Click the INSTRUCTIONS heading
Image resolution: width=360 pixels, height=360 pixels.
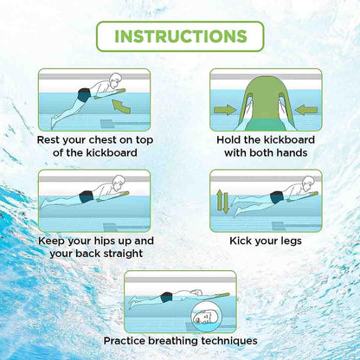click(179, 36)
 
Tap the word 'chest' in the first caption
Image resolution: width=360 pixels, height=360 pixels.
click(109, 138)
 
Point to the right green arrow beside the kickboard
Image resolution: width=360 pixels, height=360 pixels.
click(307, 109)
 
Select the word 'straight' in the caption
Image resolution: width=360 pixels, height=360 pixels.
click(121, 254)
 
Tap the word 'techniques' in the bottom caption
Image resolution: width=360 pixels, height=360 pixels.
click(240, 340)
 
